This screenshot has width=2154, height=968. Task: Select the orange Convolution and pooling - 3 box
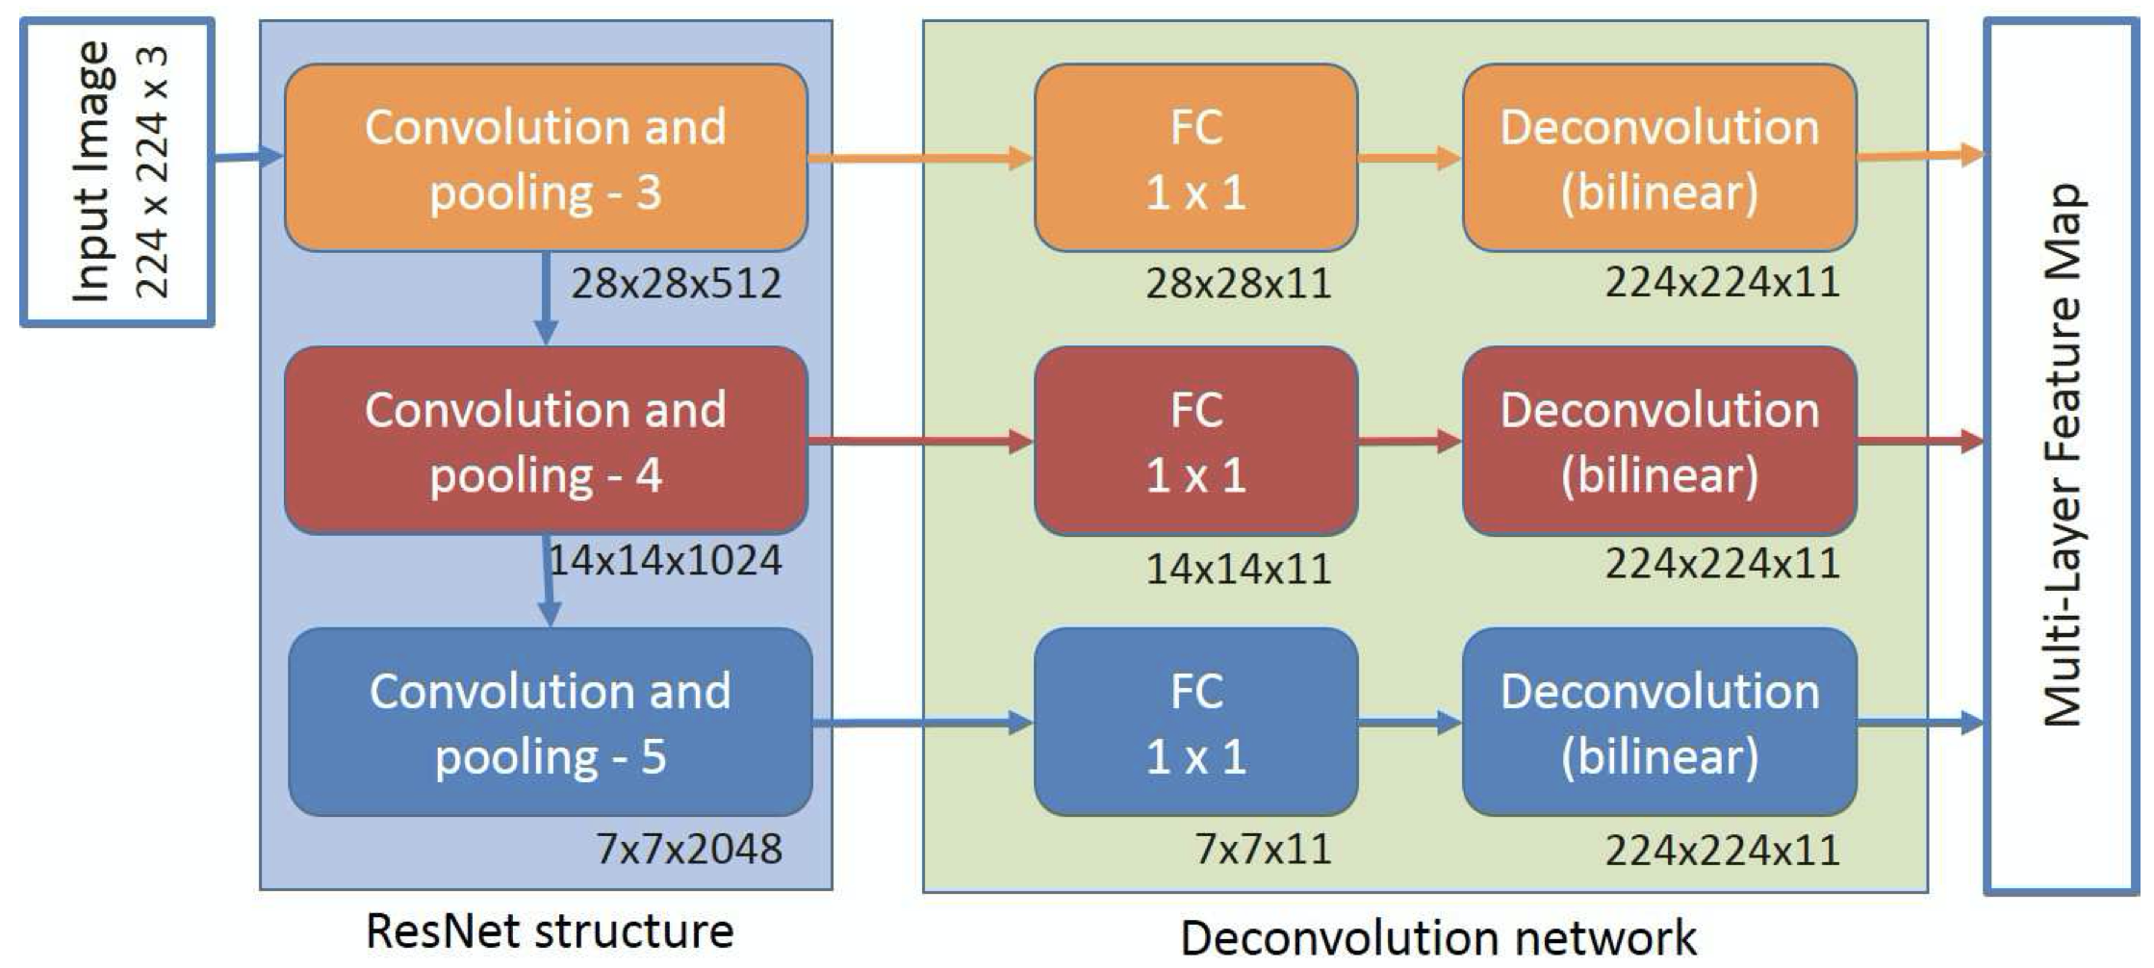546,159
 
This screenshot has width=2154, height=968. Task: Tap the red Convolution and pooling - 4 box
546,442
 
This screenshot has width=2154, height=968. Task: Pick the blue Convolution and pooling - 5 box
550,723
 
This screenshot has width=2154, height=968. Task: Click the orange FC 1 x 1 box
1195,159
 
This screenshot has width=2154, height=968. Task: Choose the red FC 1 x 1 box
1195,442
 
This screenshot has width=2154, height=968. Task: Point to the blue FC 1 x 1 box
1195,723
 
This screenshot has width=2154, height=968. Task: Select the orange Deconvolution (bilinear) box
1659,159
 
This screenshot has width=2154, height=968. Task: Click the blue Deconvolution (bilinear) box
1659,723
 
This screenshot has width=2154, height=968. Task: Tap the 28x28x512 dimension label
676,284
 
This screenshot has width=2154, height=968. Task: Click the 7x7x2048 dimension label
689,849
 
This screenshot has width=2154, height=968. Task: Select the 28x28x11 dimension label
1238,284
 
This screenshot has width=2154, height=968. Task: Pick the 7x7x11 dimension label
1263,849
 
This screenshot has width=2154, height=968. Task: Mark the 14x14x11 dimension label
1238,570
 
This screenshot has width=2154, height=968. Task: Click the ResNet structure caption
550,931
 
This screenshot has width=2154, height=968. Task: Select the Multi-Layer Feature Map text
2062,454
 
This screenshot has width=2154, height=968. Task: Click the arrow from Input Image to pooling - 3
248,157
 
